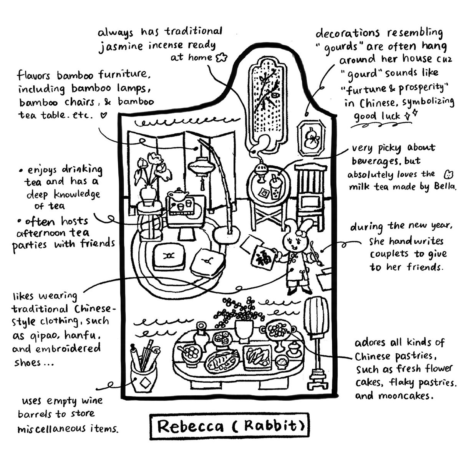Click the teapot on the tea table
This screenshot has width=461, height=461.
click(178, 194)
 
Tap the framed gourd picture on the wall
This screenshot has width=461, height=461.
click(311, 139)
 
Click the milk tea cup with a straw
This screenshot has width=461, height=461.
click(276, 187)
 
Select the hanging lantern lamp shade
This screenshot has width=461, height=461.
click(201, 166)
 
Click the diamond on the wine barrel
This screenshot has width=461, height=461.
click(145, 383)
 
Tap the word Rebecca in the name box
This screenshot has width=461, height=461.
click(191, 426)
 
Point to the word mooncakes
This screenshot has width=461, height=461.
click(406, 396)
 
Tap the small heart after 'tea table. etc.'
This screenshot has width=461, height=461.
click(103, 116)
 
